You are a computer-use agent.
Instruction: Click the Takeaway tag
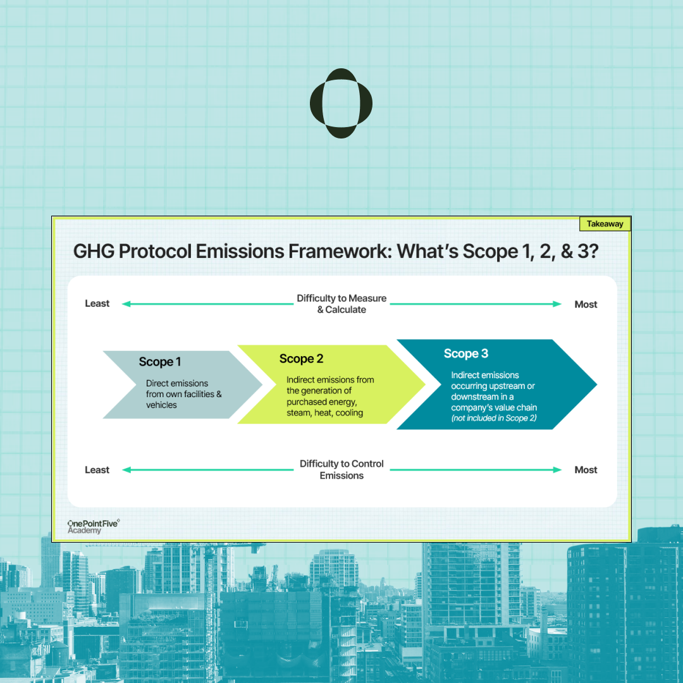pyautogui.click(x=605, y=224)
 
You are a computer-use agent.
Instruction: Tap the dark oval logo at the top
pyautogui.click(x=341, y=103)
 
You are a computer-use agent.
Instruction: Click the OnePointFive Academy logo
pyautogui.click(x=92, y=527)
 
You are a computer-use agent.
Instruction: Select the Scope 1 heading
pyautogui.click(x=160, y=362)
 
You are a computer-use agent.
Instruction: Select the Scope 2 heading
pyautogui.click(x=301, y=359)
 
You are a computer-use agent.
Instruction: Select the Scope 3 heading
pyautogui.click(x=466, y=354)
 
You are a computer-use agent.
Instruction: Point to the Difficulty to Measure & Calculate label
pyautogui.click(x=341, y=304)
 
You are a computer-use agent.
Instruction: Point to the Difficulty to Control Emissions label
pyautogui.click(x=341, y=469)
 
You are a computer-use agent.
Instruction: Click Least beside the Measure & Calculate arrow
pyautogui.click(x=97, y=304)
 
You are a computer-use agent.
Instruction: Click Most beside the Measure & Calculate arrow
pyautogui.click(x=586, y=304)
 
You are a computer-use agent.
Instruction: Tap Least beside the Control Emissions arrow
pyautogui.click(x=97, y=470)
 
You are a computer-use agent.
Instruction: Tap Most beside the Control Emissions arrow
pyautogui.click(x=586, y=470)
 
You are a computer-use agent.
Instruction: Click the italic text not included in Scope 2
pyautogui.click(x=494, y=419)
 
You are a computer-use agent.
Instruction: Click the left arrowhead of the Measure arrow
pyautogui.click(x=125, y=304)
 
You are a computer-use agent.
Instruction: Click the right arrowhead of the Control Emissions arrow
pyautogui.click(x=558, y=470)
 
